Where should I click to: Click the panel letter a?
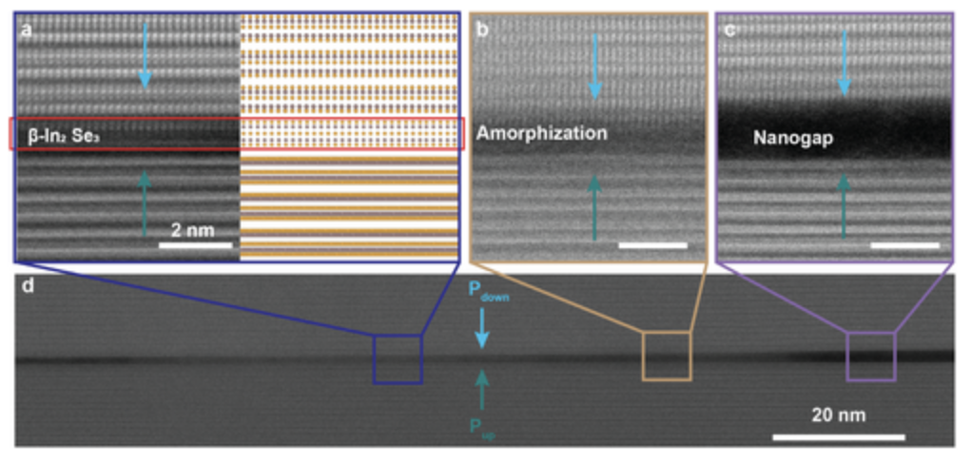[27, 30]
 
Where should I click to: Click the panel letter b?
[482, 30]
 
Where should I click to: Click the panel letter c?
[729, 30]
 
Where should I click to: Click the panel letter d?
[28, 287]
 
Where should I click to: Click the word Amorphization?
[541, 133]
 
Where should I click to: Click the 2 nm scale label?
[193, 229]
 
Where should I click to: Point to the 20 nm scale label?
[838, 415]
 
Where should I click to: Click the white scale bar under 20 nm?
[838, 436]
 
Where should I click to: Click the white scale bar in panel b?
[652, 245]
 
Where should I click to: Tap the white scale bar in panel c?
[904, 245]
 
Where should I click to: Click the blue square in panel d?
[397, 358]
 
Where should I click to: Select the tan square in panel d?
[666, 356]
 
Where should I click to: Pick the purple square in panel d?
[870, 357]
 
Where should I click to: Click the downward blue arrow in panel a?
[145, 57]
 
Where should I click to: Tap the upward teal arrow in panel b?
[594, 204]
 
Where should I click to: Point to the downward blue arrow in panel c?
[843, 62]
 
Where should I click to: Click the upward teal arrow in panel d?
[482, 388]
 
